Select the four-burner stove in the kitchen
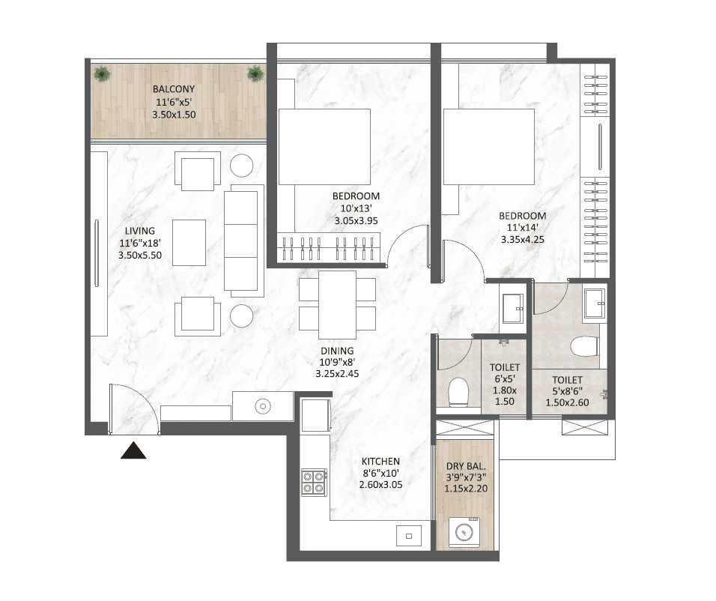click(x=314, y=481)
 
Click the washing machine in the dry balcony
click(x=467, y=533)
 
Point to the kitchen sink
click(x=409, y=536)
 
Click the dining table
click(x=337, y=305)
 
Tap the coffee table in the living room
click(x=189, y=241)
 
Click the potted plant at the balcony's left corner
click(x=103, y=74)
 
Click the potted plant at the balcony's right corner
click(x=255, y=73)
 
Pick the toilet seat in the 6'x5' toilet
click(x=458, y=392)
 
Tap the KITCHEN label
click(x=380, y=462)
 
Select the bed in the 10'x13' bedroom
click(x=324, y=147)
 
